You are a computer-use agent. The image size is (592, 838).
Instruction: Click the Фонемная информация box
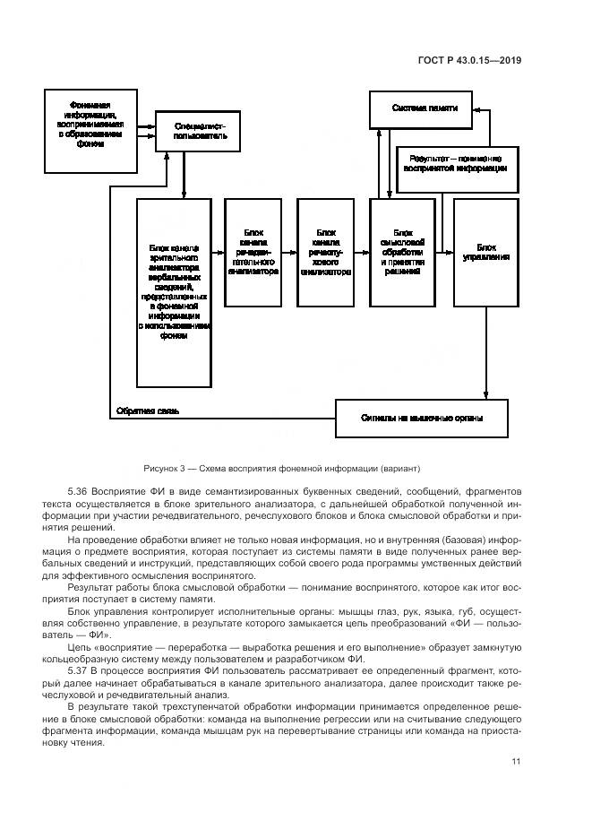point(90,129)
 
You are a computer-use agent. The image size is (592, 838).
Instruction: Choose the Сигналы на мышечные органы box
point(422,417)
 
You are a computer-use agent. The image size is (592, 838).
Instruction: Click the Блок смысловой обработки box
point(402,255)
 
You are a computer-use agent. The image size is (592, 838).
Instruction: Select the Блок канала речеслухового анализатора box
point(325,255)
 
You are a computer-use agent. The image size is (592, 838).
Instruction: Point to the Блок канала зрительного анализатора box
point(174,293)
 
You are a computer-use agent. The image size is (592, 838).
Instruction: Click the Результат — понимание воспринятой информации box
point(457,162)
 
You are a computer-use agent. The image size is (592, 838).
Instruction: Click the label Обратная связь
point(148,411)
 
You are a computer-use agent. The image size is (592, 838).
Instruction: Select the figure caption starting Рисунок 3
point(280,469)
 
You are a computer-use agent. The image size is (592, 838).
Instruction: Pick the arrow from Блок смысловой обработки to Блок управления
point(444,255)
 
